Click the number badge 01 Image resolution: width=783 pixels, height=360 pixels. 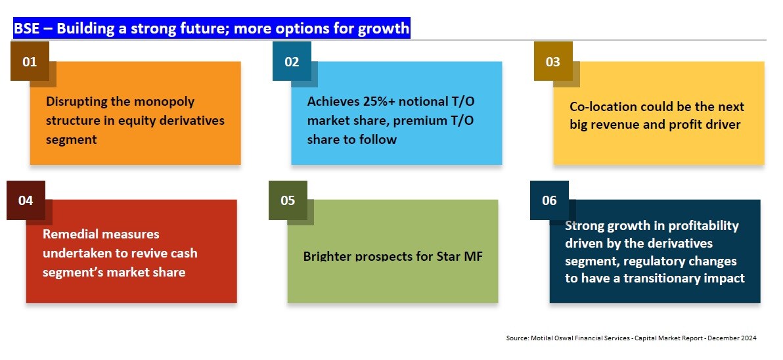coord(30,62)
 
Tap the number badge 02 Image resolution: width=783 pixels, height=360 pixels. coord(292,62)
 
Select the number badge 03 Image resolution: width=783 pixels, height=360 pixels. coord(553,62)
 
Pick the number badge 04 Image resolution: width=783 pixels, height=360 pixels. coord(26,200)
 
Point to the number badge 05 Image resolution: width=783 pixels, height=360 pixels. coord(288,200)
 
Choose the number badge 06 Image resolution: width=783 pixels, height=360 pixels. coord(549,200)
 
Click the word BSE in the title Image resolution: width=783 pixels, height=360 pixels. coord(27,29)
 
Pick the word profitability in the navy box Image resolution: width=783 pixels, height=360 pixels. coord(702,226)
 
